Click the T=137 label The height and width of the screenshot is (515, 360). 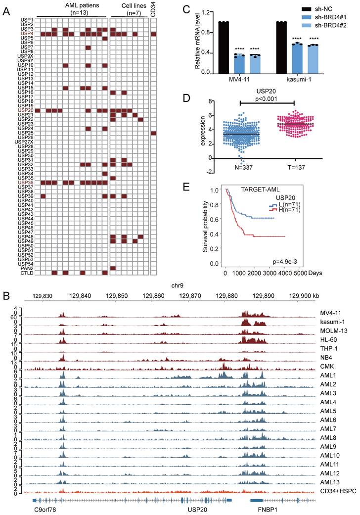293,167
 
